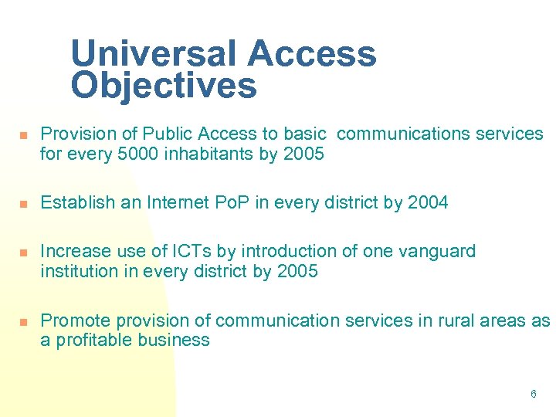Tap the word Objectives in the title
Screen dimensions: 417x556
click(163, 86)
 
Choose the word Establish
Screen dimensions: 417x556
click(73, 202)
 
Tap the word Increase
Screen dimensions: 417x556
click(72, 251)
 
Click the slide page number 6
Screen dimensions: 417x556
click(533, 395)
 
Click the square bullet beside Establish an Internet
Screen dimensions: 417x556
click(23, 204)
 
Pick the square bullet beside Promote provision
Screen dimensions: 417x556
click(23, 321)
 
